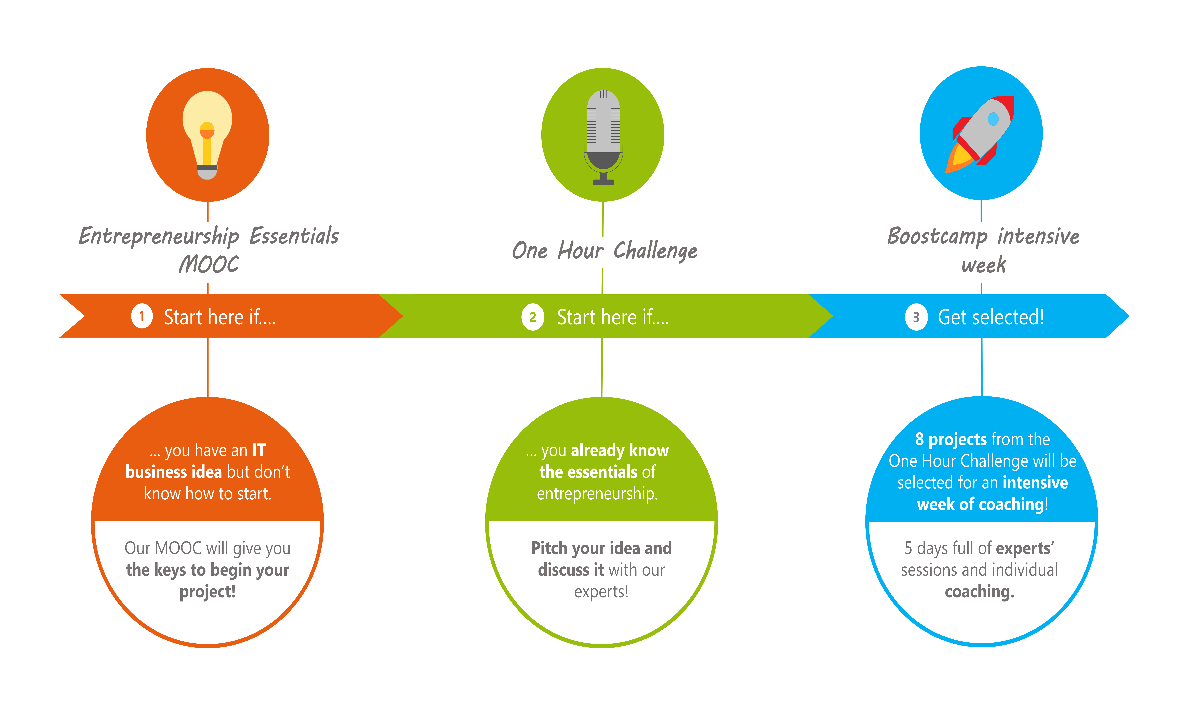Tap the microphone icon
pyautogui.click(x=603, y=137)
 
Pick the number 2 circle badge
pyautogui.click(x=532, y=317)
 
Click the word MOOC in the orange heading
pyautogui.click(x=208, y=264)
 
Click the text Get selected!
pyautogui.click(x=991, y=317)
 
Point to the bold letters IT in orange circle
pyautogui.click(x=259, y=450)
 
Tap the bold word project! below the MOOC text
pyautogui.click(x=207, y=592)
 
